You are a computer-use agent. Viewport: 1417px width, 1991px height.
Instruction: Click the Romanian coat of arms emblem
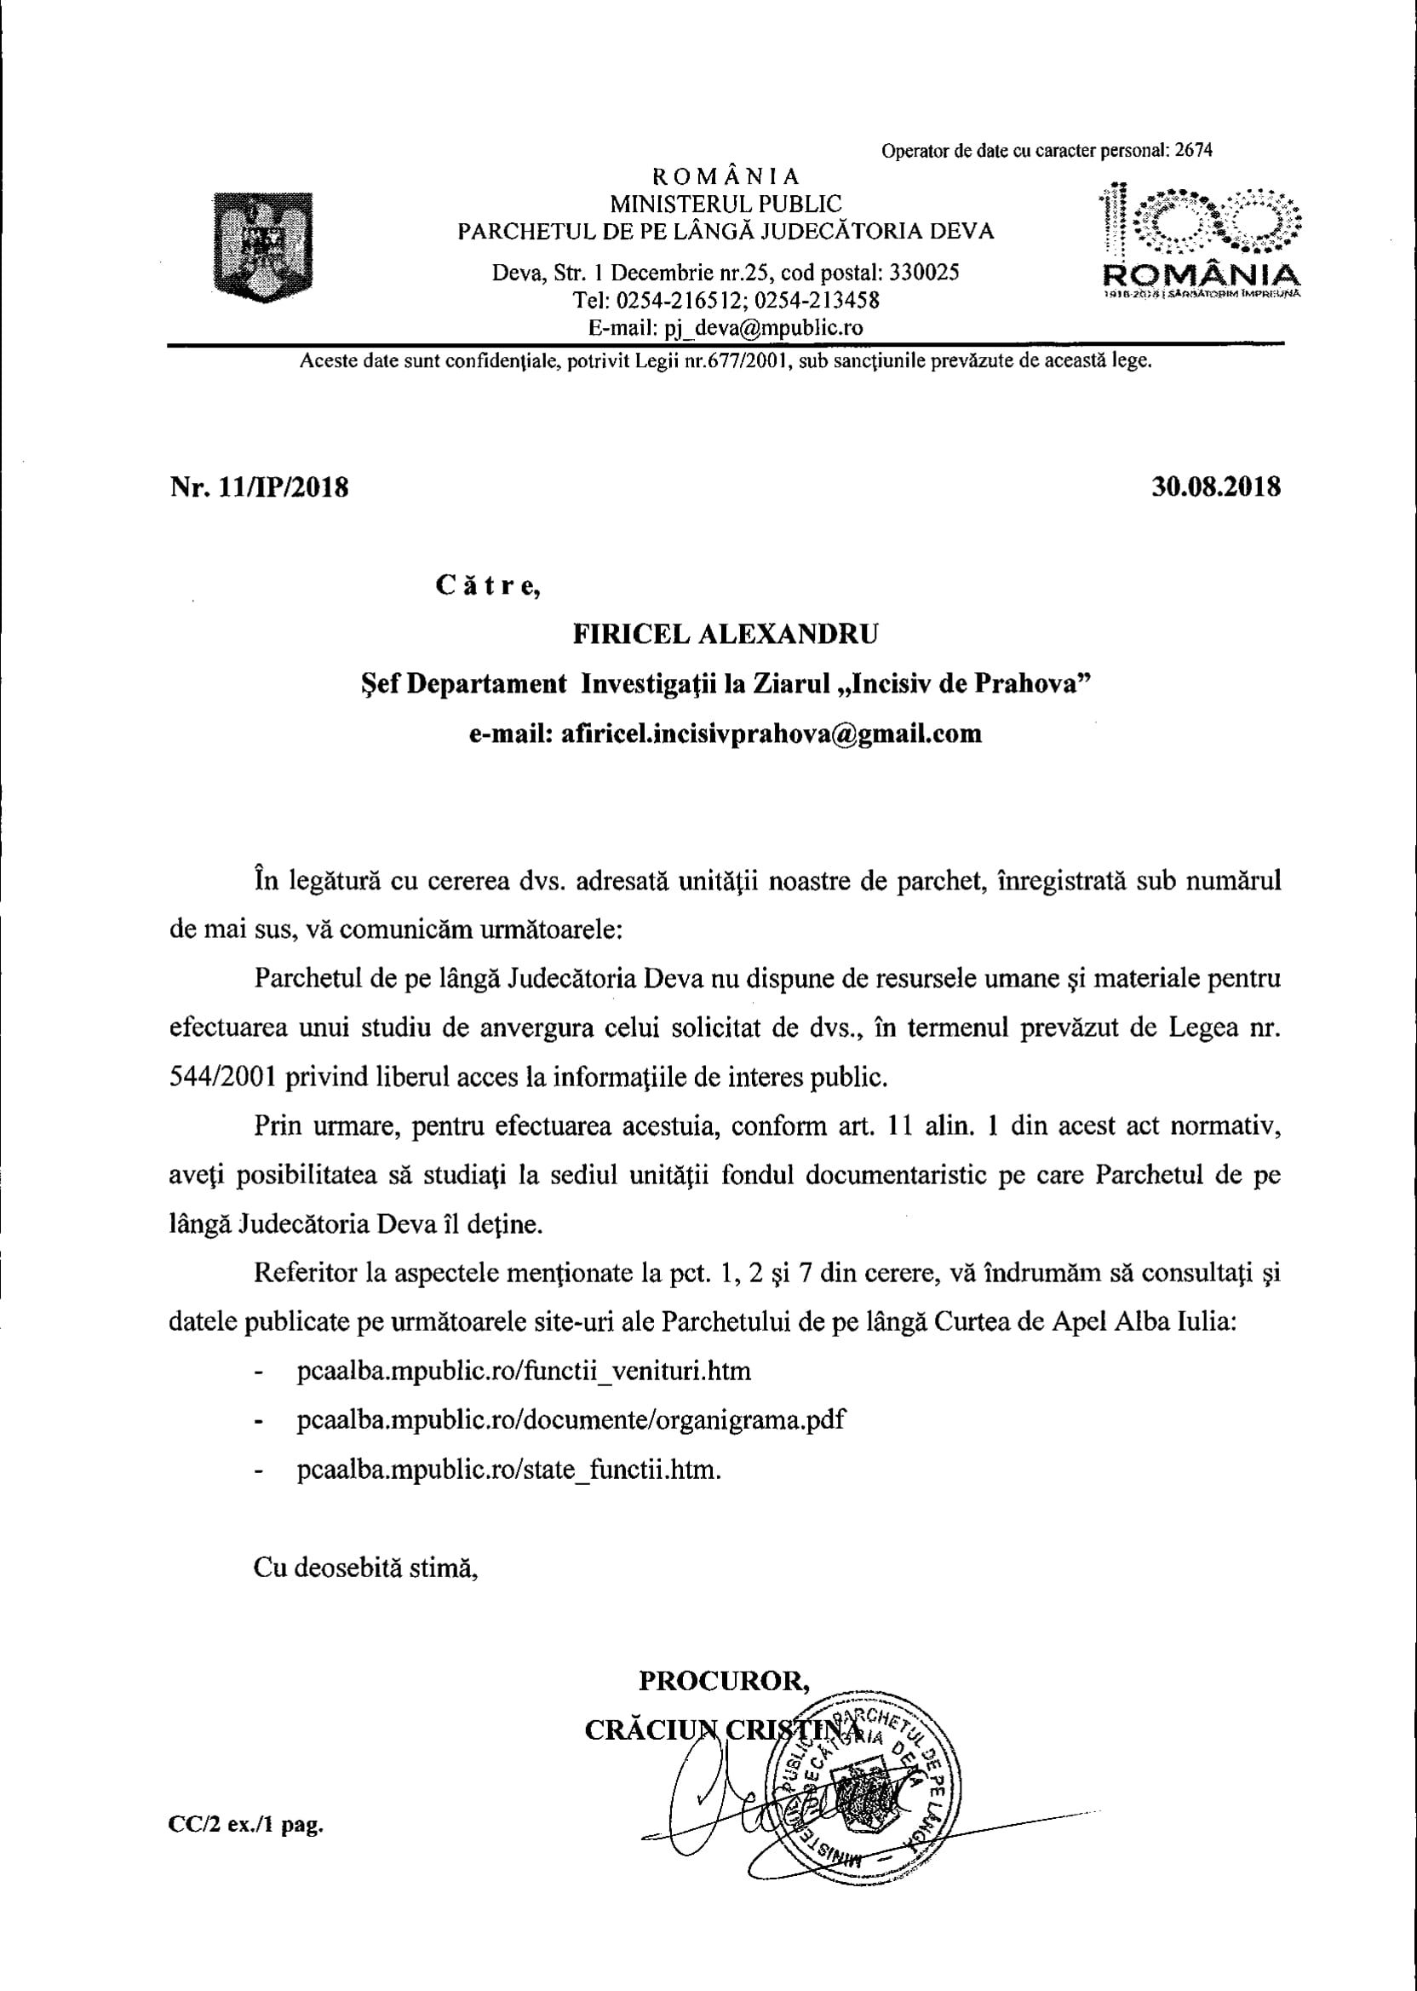262,247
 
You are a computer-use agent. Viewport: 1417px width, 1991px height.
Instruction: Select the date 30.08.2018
1215,486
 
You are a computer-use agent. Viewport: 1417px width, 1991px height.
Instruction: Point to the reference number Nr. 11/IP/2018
259,487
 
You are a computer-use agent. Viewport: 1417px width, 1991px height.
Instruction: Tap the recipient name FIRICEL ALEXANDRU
725,634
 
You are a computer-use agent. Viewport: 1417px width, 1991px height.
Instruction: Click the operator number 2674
1194,150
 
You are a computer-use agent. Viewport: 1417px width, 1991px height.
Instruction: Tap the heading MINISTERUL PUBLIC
725,204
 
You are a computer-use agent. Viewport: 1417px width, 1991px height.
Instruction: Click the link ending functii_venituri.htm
524,1371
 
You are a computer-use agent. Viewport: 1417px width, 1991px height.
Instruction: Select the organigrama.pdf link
571,1420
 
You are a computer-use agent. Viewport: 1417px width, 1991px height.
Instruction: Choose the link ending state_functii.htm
508,1470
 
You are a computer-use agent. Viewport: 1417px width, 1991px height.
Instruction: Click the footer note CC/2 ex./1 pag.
246,1824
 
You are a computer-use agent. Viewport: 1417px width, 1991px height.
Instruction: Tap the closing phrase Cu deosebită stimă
365,1568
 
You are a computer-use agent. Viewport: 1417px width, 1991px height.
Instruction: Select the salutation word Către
488,585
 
